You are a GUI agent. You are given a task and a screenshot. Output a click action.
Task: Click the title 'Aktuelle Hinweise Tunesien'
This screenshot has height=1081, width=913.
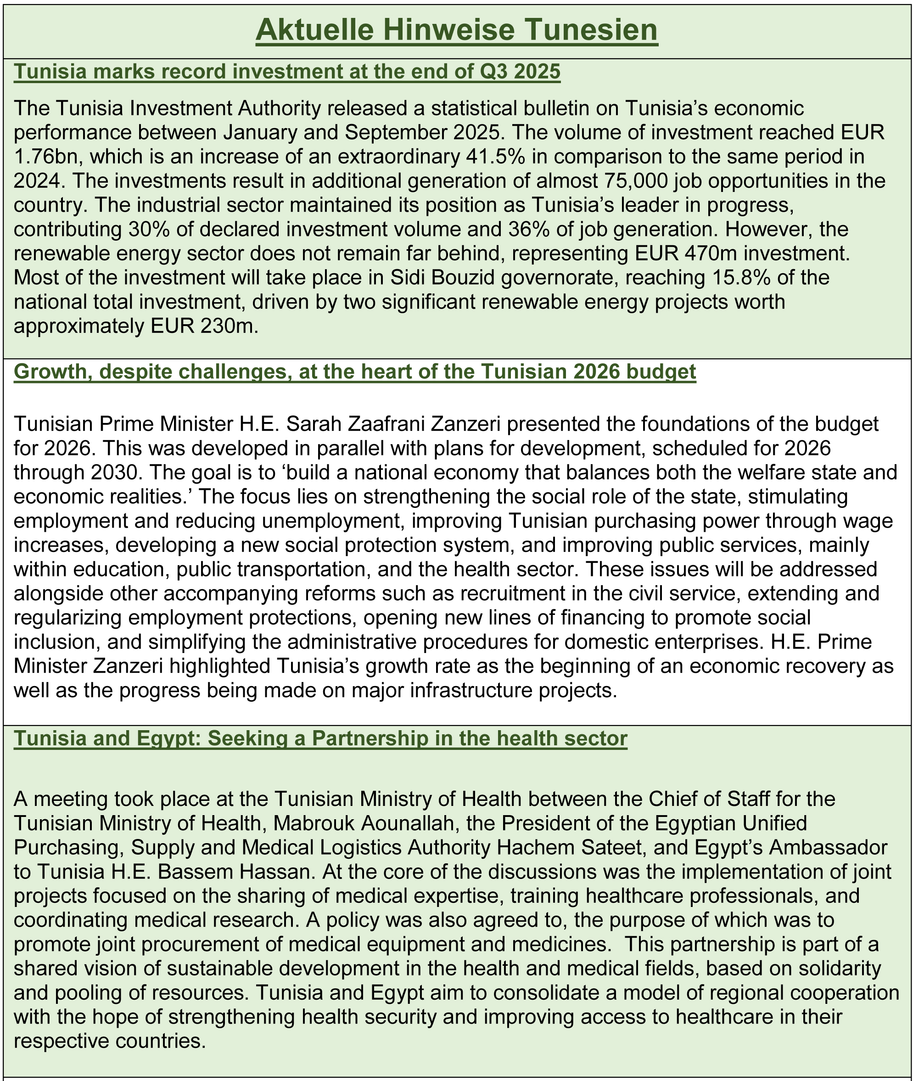point(456,30)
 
